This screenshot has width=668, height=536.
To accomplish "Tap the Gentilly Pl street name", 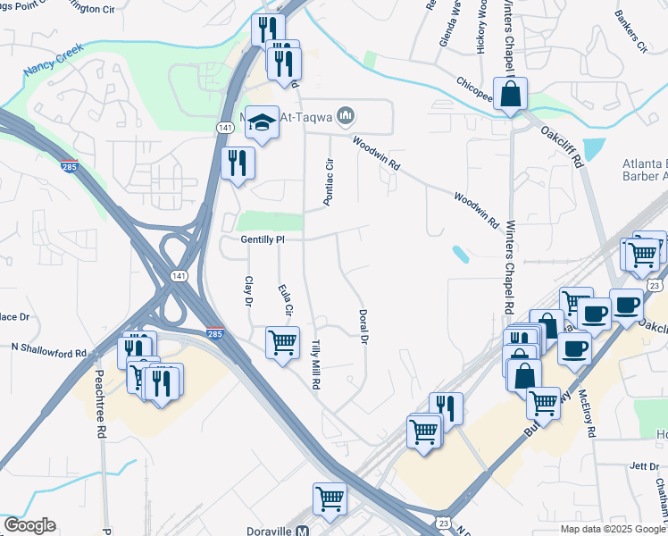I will pos(262,239).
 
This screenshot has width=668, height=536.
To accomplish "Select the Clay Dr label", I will pos(249,289).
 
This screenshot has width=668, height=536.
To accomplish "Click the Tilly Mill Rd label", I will pos(314,364).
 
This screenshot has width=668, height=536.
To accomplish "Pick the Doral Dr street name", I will pos(363,327).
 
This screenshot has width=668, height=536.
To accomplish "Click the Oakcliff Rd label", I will pos(561,146).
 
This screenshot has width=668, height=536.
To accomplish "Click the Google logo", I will pos(29,525).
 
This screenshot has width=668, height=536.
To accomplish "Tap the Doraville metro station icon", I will pos(303,530).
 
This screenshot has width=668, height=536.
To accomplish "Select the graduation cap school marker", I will pos(262,122).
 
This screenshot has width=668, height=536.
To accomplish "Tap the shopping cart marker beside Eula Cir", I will pos(282,340).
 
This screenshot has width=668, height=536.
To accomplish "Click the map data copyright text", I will pos(612,529).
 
